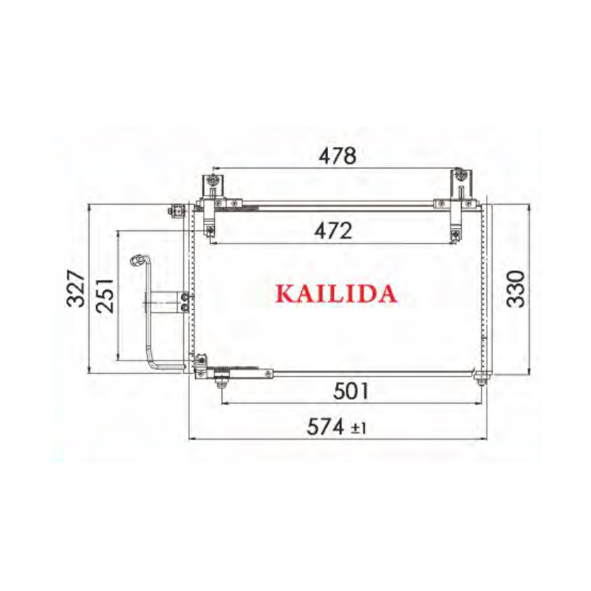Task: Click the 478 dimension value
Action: tap(338, 156)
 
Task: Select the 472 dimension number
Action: tap(333, 230)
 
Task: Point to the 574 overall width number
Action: tap(326, 427)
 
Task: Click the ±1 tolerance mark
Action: tap(358, 428)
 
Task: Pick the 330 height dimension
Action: tap(516, 289)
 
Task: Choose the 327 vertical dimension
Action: tap(75, 289)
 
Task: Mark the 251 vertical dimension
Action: tap(104, 295)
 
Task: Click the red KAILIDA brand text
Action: tap(336, 294)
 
